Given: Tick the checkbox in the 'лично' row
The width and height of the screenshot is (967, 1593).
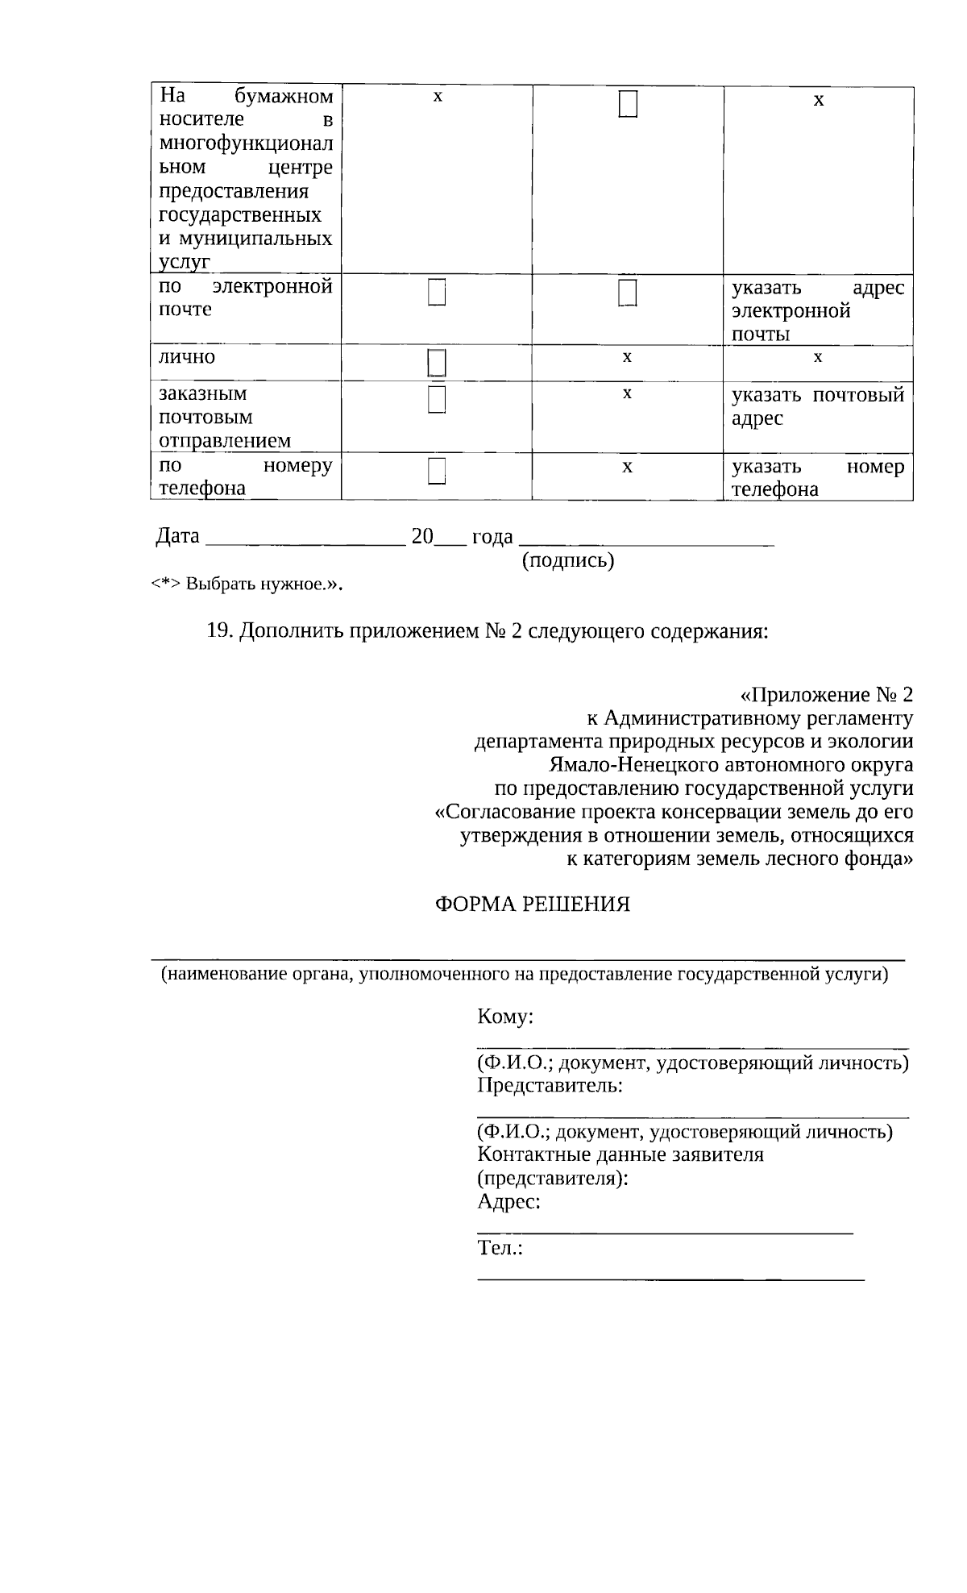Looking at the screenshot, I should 437,364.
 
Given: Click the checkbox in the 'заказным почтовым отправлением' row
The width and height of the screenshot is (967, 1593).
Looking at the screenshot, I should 437,400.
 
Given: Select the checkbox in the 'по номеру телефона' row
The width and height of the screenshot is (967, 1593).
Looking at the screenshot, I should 437,471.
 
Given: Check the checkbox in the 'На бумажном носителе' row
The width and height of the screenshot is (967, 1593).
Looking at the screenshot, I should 628,105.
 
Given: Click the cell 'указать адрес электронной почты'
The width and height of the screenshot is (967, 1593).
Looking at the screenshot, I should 817,310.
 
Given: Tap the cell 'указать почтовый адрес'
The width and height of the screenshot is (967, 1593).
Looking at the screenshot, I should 817,406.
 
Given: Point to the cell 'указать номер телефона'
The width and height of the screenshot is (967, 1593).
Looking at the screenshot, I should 817,477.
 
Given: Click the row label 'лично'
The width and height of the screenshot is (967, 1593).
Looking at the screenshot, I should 187,356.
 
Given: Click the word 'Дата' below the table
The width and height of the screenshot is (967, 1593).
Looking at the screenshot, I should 177,536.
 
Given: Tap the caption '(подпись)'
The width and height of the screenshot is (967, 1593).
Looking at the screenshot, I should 568,560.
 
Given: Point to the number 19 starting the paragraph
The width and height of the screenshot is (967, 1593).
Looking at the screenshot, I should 219,630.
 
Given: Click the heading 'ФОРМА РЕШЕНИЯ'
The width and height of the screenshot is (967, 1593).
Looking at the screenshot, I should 533,904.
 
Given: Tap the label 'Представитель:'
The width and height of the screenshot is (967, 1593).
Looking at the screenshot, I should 550,1085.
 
